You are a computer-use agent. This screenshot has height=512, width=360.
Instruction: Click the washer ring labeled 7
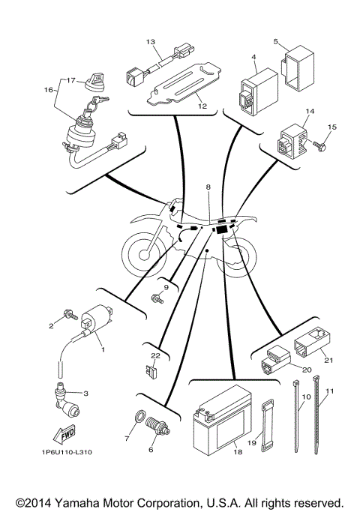(139, 417)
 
